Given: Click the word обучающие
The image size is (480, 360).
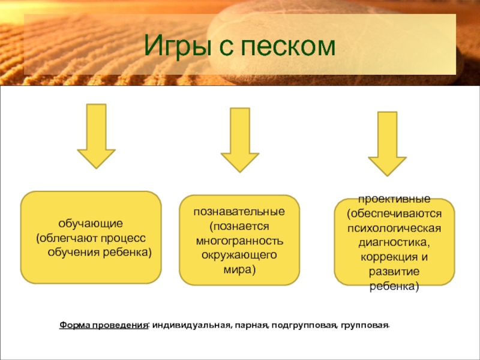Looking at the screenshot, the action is (91, 224).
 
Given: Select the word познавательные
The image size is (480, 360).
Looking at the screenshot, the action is (239, 212).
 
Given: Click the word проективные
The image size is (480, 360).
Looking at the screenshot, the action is (394, 199).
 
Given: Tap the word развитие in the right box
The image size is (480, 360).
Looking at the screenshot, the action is (394, 272).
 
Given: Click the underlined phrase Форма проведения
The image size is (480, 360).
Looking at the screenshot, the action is (103, 325).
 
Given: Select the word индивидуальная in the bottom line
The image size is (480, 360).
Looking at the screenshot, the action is (189, 325).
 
